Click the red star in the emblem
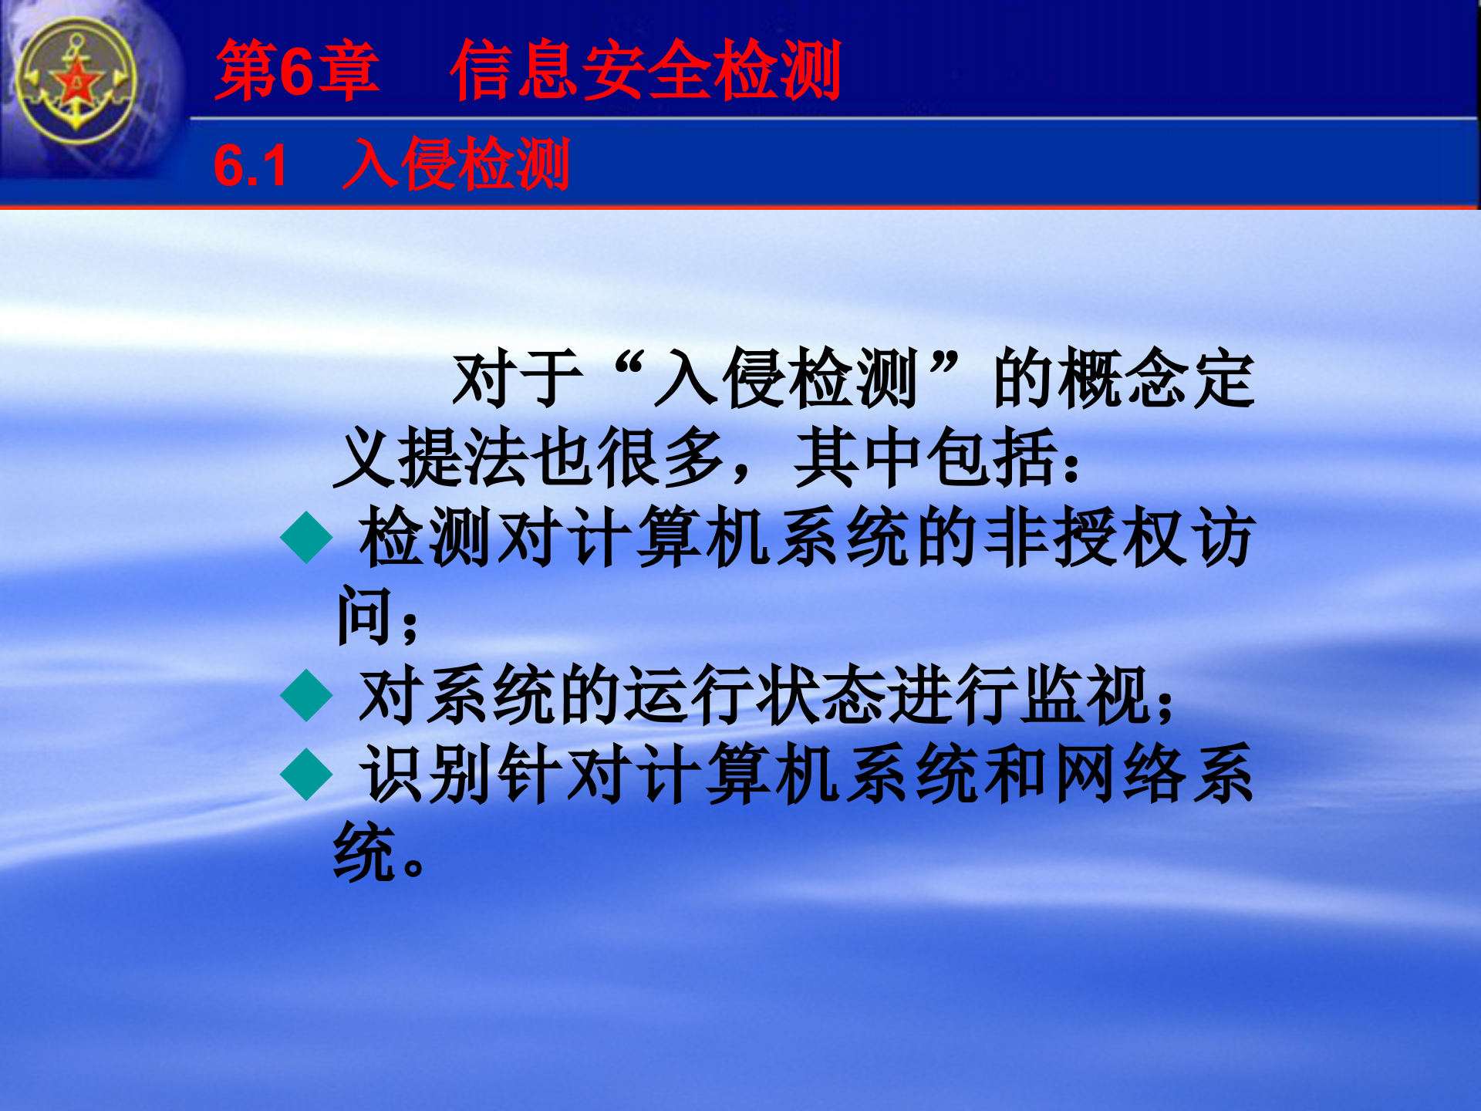coord(76,82)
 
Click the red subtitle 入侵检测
coord(456,164)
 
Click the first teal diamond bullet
coord(306,538)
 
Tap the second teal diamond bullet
coord(306,695)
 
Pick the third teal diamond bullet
coord(306,774)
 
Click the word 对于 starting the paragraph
coord(517,379)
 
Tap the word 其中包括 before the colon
coord(926,458)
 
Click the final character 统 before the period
coord(363,853)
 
